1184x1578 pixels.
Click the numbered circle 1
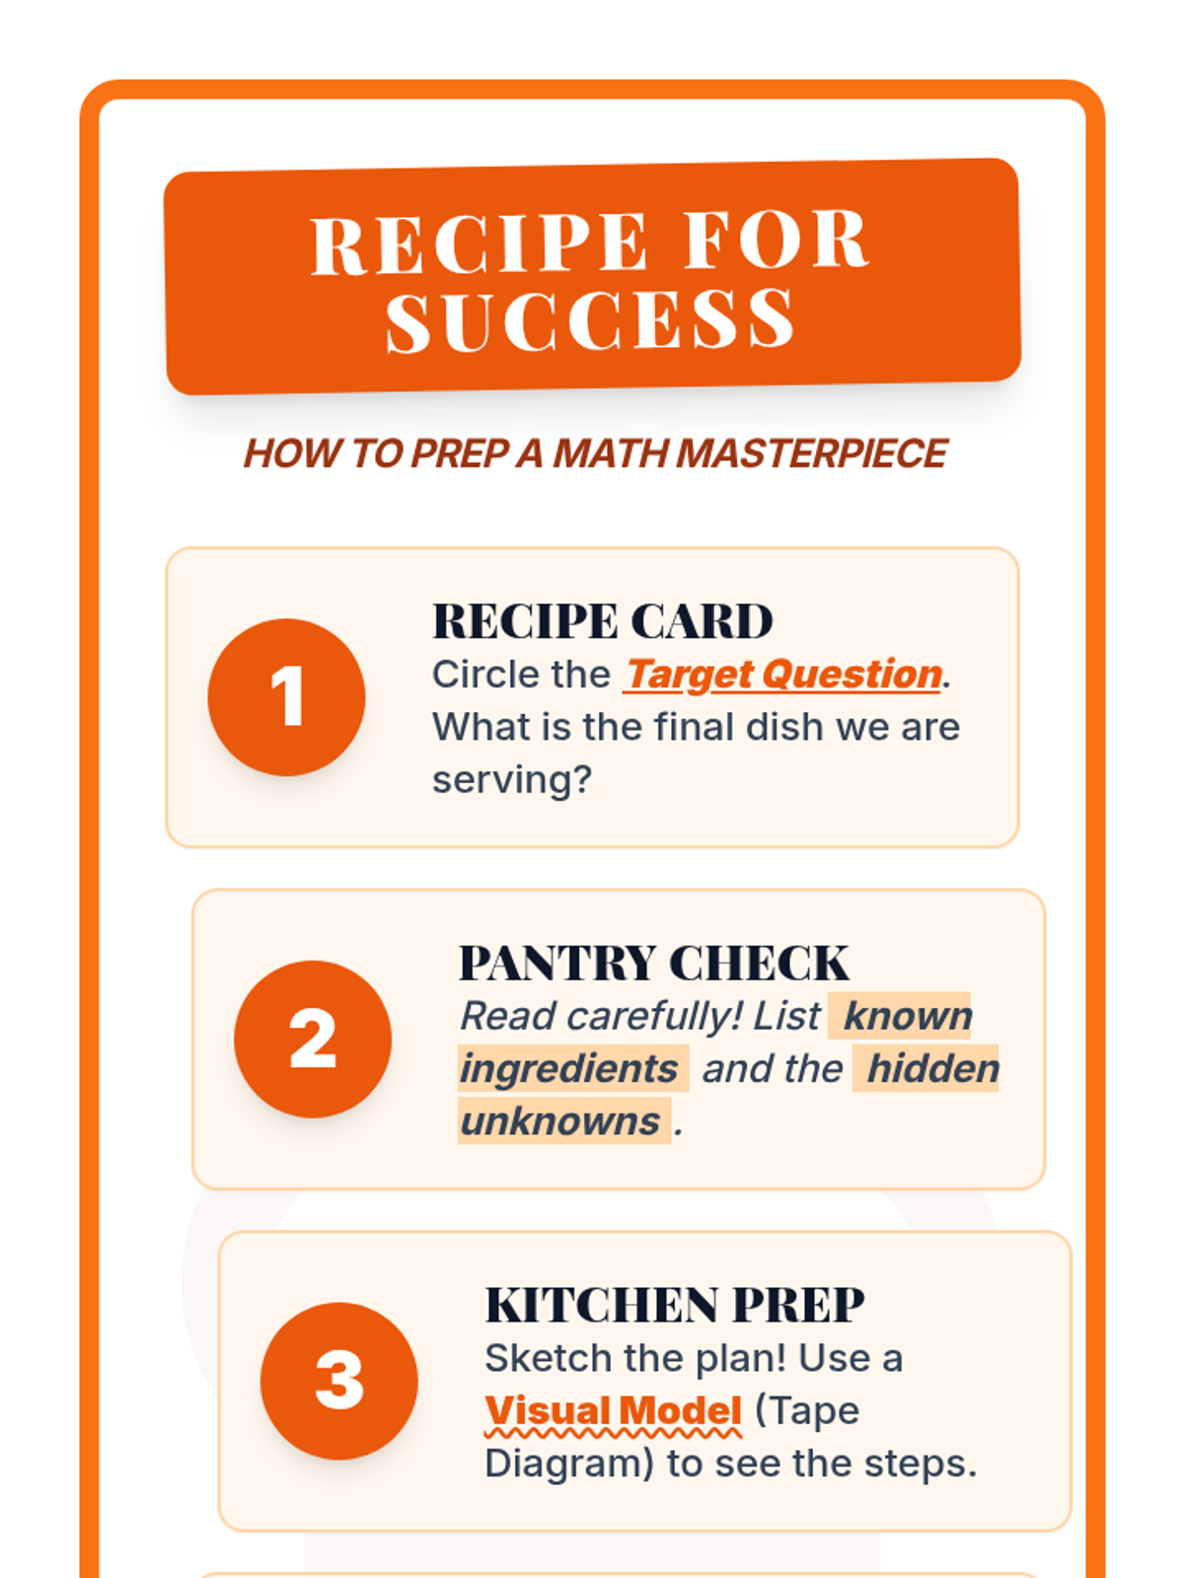pyautogui.click(x=286, y=696)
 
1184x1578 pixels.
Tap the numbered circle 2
pyautogui.click(x=313, y=1039)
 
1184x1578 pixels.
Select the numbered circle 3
pyautogui.click(x=338, y=1381)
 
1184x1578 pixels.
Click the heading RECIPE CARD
pyautogui.click(x=603, y=621)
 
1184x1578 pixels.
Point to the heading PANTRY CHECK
pyautogui.click(x=654, y=963)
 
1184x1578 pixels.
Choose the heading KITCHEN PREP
pyautogui.click(x=674, y=1305)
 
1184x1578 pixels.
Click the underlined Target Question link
pyautogui.click(x=782, y=675)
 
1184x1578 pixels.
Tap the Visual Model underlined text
pyautogui.click(x=613, y=1411)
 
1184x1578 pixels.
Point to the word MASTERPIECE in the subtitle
pyautogui.click(x=812, y=454)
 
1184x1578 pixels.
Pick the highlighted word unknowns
pyautogui.click(x=560, y=1121)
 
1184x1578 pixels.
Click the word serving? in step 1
pyautogui.click(x=512, y=780)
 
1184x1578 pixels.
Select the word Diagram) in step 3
pyautogui.click(x=569, y=1464)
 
